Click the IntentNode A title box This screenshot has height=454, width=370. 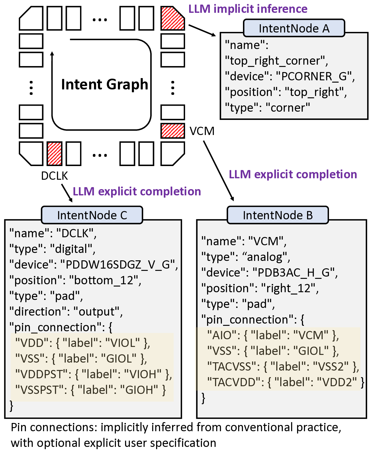294,28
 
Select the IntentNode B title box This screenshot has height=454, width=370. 278,215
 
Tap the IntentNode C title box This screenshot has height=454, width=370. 92,215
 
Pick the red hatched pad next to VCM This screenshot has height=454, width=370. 173,131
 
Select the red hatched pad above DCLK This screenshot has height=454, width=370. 54,154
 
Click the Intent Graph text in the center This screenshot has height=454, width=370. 105,84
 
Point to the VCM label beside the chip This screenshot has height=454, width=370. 202,131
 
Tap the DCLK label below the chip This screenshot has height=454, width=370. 54,176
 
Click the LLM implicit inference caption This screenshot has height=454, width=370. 248,9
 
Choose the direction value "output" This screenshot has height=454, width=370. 97,312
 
